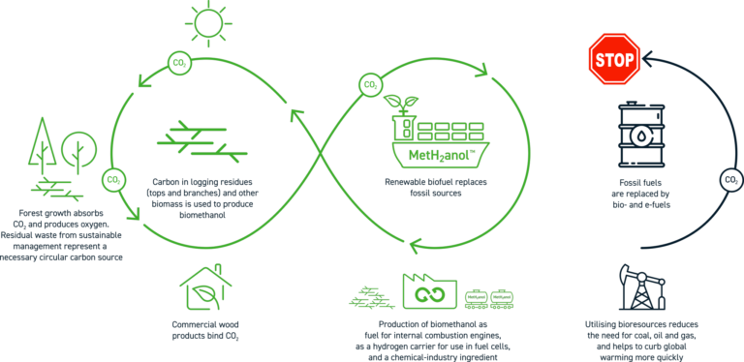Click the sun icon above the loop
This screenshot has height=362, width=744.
[x=205, y=21]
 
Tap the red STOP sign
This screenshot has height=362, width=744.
[x=614, y=59]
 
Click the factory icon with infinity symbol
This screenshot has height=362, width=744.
[x=428, y=290]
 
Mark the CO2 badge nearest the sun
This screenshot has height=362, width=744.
[x=179, y=62]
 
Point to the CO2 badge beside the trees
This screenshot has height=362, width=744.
[x=113, y=179]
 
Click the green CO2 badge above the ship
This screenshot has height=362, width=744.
[x=370, y=83]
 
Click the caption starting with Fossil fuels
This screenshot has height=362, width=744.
[x=638, y=193]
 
